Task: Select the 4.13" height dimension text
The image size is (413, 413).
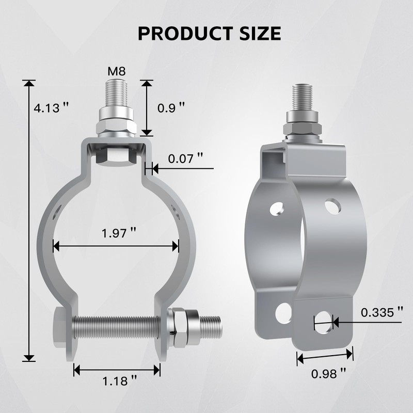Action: click(51, 108)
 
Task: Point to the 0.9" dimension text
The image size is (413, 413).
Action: click(170, 108)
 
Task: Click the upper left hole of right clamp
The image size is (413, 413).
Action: click(277, 208)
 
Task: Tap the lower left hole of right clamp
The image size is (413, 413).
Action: click(283, 313)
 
